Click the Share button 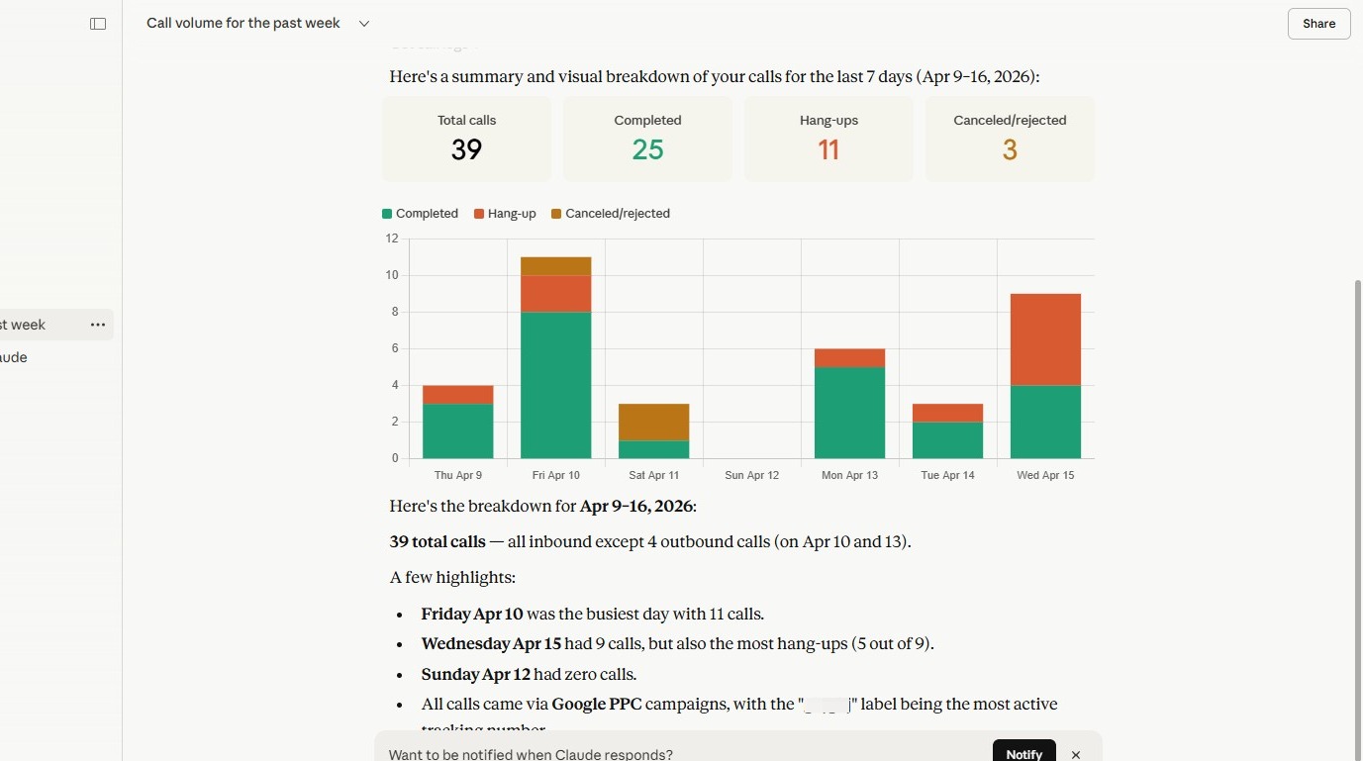pos(1318,24)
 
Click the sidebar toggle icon pos(98,24)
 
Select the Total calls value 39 pos(466,149)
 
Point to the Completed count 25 pos(647,149)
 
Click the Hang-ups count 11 pos(828,149)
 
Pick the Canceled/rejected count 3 pos(1010,149)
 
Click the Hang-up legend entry pos(505,214)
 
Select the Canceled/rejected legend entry pos(611,214)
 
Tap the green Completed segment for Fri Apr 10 pos(555,385)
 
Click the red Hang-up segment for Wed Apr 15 pos(1045,339)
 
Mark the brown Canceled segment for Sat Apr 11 pos(653,422)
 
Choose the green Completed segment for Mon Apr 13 pos(849,413)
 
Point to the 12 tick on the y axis pos(392,238)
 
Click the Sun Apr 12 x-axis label pos(751,475)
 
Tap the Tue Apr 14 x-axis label pos(947,475)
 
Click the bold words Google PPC pos(597,705)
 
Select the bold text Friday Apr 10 pos(472,614)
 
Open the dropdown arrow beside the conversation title pos(364,24)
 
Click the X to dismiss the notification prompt pos(1076,754)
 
